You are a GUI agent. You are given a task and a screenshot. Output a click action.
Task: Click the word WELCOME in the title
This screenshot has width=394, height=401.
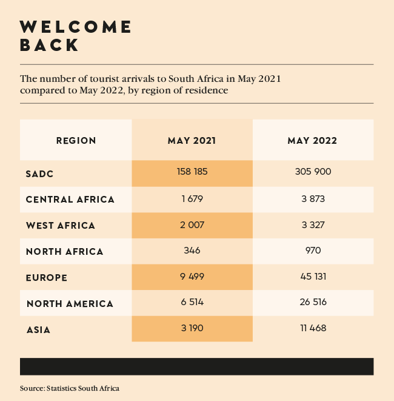coord(76,27)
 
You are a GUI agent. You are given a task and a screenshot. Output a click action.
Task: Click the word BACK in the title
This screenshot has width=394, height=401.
coord(49,45)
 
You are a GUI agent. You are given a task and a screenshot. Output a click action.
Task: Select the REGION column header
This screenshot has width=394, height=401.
coord(76,141)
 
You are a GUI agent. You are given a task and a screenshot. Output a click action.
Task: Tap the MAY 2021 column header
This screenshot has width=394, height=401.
coord(192,141)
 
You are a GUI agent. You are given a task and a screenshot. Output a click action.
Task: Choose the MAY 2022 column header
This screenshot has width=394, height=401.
coord(312,141)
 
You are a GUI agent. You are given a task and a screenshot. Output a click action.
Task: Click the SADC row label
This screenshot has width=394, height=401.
coord(40,174)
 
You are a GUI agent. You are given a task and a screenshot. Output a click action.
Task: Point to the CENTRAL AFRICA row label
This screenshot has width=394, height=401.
coord(70,200)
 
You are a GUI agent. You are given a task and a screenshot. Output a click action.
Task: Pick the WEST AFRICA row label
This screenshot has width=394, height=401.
coord(61,226)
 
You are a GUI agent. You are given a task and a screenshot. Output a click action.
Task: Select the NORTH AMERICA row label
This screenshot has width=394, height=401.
coord(70,303)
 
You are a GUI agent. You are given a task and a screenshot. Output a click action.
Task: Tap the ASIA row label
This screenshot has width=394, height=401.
coord(38,330)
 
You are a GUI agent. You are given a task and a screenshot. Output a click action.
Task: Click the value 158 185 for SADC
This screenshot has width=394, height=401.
coord(192,172)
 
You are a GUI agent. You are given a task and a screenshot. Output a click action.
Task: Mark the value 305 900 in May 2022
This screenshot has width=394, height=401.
coord(313,172)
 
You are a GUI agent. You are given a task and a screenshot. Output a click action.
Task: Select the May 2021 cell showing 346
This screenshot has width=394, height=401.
coord(192,251)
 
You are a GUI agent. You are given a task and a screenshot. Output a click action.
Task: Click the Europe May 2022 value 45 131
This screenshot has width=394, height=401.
coord(313,277)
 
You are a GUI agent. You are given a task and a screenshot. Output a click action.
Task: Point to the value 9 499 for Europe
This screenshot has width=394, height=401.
coord(192,277)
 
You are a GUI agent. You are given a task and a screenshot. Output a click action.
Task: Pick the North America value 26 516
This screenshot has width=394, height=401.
coord(313,303)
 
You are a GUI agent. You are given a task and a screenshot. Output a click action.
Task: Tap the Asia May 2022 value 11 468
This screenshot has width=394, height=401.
coord(313,329)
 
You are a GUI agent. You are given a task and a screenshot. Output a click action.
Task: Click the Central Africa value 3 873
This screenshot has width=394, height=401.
coord(313,198)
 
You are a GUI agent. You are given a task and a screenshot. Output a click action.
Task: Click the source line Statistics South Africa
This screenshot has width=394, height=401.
coord(70,388)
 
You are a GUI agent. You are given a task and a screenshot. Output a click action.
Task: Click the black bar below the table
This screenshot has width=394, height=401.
coord(197,366)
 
